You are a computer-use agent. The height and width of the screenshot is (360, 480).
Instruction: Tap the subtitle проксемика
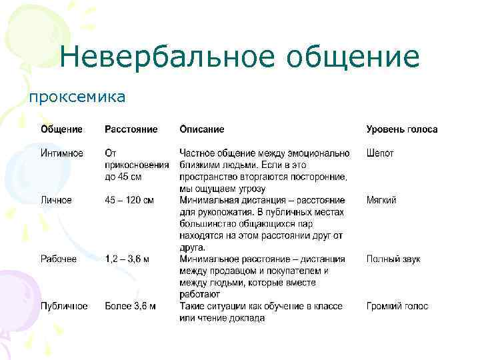76,97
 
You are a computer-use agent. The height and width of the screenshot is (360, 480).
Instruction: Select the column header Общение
61,129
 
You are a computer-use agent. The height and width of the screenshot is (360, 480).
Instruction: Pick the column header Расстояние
131,129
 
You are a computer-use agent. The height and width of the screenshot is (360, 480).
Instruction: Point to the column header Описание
201,129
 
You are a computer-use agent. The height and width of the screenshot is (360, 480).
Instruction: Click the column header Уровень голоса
401,129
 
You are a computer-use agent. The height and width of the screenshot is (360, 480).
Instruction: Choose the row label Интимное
62,153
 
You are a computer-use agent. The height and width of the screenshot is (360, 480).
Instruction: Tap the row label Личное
56,200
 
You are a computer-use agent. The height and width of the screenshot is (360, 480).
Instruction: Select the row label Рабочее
59,259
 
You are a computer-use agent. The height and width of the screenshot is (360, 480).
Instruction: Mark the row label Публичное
63,307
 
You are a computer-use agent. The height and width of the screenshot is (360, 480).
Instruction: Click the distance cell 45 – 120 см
129,200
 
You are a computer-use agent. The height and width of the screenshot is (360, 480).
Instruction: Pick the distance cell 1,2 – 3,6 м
127,259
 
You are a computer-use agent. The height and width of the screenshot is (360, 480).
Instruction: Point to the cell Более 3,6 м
130,307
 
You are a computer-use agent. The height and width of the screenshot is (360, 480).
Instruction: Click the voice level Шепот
380,153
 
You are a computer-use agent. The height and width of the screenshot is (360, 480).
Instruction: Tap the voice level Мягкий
381,200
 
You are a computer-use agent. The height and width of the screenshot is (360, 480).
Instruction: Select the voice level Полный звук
393,259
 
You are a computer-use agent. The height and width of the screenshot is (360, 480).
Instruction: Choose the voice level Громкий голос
397,307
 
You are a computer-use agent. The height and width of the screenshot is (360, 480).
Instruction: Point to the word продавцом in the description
230,271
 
